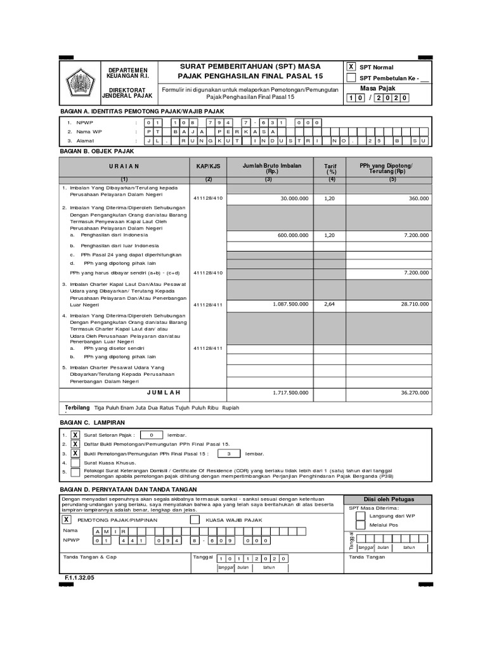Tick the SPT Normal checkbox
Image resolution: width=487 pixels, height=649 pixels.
351,67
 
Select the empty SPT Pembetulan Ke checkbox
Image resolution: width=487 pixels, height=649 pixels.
351,78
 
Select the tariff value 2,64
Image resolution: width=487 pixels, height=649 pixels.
329,304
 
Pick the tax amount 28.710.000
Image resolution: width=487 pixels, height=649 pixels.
414,304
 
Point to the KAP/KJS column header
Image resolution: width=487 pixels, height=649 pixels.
208,166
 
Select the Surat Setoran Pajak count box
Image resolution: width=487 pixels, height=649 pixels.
151,435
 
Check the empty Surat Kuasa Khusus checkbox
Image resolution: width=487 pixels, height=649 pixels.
75,463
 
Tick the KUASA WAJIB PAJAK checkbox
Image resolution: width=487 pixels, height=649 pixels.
195,519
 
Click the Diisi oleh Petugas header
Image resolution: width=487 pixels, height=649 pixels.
387,499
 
